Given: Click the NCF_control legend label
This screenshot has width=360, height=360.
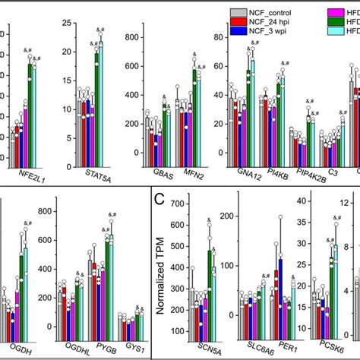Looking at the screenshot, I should click(275, 13).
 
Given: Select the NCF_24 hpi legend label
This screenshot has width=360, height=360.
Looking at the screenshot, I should click(274, 24).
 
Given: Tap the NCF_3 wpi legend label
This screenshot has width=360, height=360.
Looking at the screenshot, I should click(273, 34).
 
